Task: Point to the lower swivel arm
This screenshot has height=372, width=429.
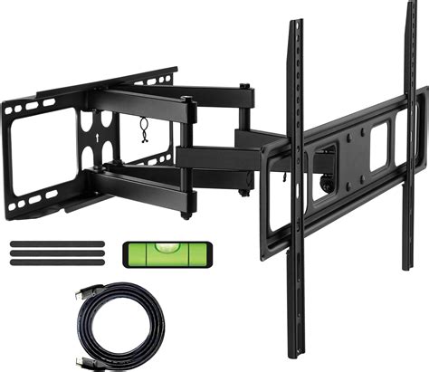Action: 145,181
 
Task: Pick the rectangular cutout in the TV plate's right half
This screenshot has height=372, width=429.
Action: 377,136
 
